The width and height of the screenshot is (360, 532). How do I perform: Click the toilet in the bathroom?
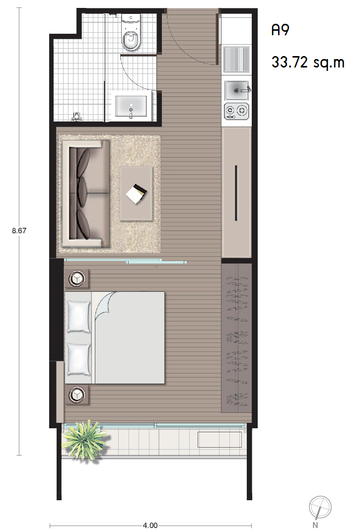[x=131, y=33]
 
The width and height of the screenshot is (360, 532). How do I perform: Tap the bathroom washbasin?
[x=131, y=106]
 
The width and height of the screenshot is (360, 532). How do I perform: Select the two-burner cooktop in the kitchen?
[x=236, y=111]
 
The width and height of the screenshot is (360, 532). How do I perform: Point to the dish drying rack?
[x=236, y=59]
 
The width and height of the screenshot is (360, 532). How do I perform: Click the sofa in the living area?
[x=85, y=194]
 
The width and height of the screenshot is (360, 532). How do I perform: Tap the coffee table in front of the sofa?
[x=136, y=194]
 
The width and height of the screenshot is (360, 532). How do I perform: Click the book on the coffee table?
[x=136, y=194]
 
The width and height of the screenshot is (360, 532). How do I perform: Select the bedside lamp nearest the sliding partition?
[x=77, y=279]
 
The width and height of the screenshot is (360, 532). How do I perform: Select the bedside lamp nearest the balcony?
[x=77, y=395]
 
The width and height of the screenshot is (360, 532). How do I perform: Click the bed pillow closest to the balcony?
[x=78, y=359]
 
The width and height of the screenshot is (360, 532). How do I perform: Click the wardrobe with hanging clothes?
[x=236, y=338]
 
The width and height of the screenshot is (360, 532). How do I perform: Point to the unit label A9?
[x=280, y=30]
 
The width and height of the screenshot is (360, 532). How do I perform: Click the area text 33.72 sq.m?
[x=308, y=62]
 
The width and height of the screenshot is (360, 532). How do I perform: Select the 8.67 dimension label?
[x=19, y=231]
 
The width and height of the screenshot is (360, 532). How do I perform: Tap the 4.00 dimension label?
[x=150, y=525]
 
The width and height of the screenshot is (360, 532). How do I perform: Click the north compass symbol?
[x=320, y=509]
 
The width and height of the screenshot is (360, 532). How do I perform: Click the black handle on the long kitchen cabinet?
[x=236, y=193]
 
